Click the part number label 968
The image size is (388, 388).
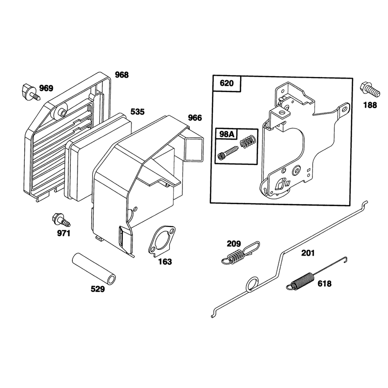click(x=122, y=75)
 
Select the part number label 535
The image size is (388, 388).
click(x=137, y=112)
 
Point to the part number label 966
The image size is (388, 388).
click(x=195, y=118)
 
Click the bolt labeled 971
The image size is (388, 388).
click(x=61, y=220)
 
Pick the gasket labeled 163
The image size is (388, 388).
click(x=162, y=240)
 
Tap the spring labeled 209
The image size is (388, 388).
click(x=240, y=253)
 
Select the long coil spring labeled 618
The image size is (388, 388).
click(x=317, y=274)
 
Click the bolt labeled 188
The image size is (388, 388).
click(x=370, y=90)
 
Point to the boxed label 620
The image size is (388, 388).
click(x=226, y=83)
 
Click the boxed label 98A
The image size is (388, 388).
click(x=226, y=134)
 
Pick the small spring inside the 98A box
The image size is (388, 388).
click(x=247, y=142)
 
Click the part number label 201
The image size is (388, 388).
click(x=308, y=253)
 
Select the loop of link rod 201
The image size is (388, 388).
click(x=252, y=284)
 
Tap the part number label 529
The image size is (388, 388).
click(x=97, y=289)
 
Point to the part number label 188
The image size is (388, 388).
click(x=370, y=105)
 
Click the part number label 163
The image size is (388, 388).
click(x=165, y=262)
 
